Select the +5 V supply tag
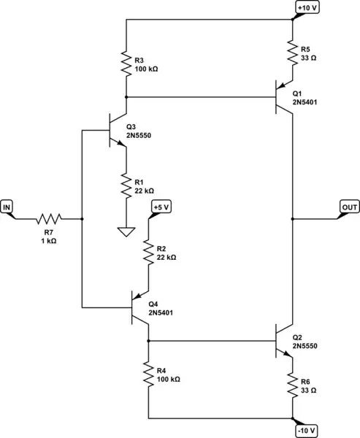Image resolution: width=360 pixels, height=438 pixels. click(x=161, y=208)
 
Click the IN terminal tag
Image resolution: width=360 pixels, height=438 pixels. click(x=8, y=208)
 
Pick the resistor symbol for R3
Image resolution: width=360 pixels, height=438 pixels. click(x=126, y=64)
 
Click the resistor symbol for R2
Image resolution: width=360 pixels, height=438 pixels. click(x=148, y=253)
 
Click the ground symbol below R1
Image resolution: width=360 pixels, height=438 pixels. click(x=126, y=233)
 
